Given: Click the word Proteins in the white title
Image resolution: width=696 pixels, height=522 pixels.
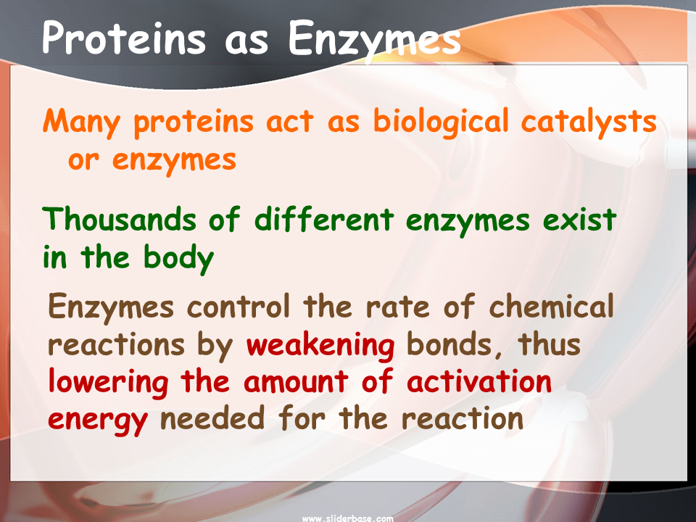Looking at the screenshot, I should coord(124,38).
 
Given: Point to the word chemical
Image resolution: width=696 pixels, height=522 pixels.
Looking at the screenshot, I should coord(551,307).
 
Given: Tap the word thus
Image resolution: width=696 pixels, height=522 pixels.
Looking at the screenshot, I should coord(549,344).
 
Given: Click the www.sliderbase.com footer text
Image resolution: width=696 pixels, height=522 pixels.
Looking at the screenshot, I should coord(347,518).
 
